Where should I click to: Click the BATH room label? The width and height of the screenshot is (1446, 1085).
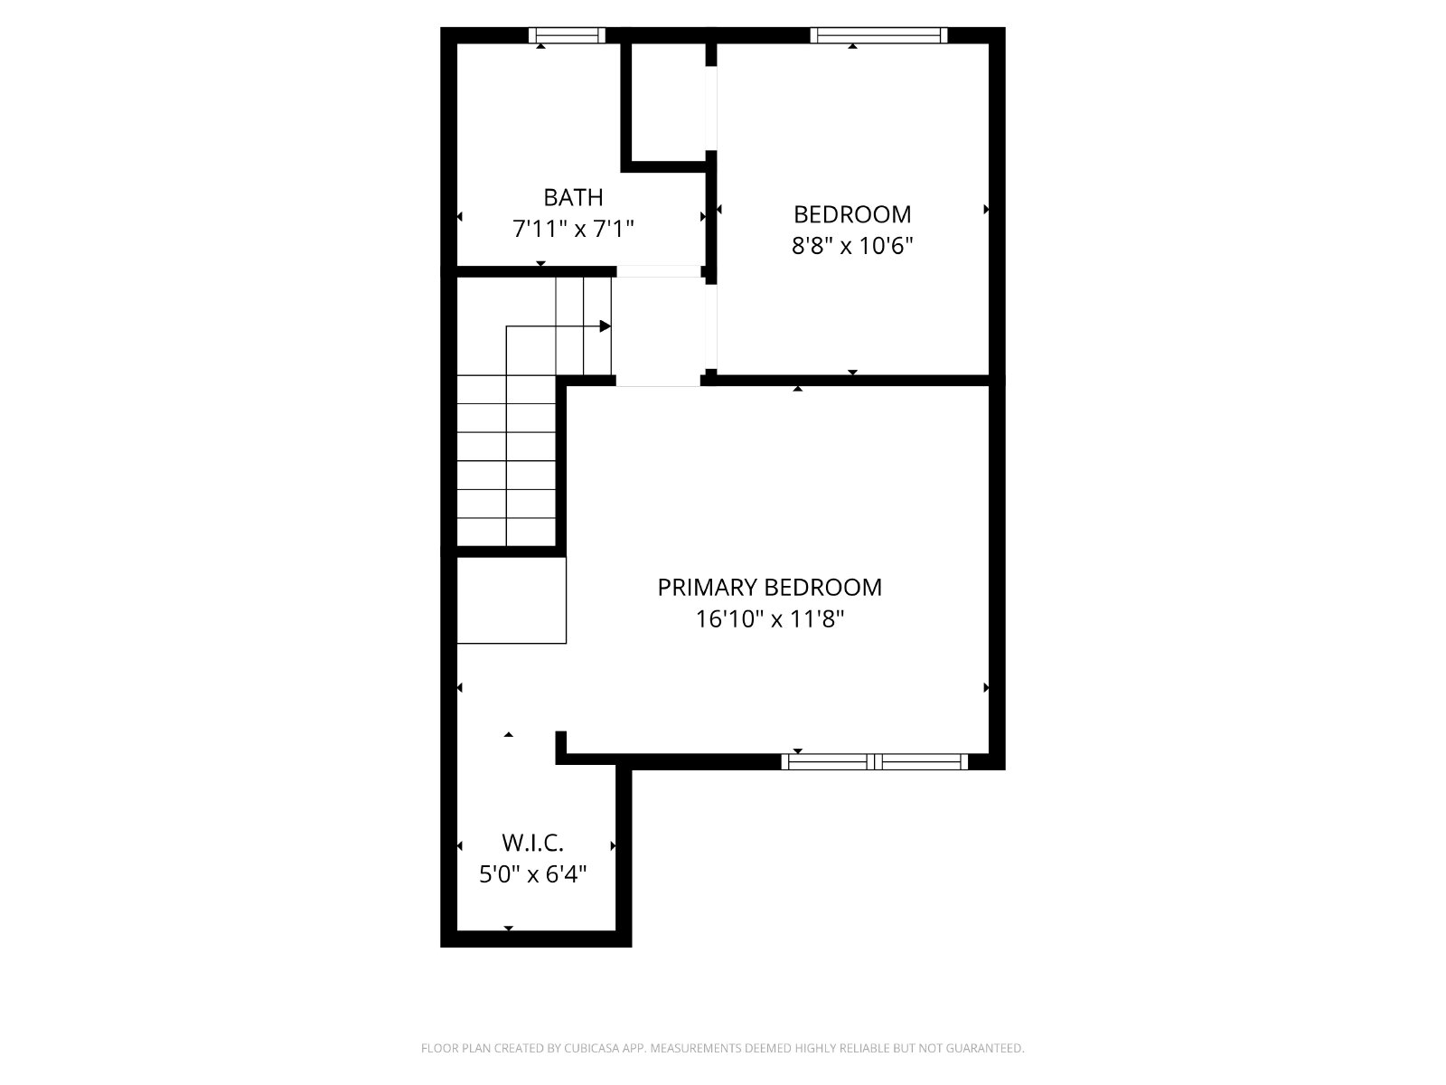point(572,197)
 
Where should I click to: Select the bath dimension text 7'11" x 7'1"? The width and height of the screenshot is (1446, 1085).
point(572,230)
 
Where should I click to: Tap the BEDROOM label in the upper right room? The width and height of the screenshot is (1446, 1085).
point(852,214)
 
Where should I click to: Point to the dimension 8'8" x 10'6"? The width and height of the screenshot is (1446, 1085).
point(852,246)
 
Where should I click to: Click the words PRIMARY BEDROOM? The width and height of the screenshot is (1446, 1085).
point(769,587)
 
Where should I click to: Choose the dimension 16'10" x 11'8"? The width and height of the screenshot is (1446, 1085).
point(769,619)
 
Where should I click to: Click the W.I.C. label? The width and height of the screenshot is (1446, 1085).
point(532,843)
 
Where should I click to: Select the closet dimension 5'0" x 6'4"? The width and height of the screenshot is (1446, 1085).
point(532,875)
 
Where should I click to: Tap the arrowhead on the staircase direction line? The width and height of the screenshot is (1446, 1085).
point(605,326)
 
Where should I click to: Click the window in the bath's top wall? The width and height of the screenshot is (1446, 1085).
point(567,35)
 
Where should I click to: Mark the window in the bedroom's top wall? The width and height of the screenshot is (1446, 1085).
point(878,35)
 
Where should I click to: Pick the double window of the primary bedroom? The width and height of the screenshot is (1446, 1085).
point(874,762)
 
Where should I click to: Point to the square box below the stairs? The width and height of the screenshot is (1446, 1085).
point(512,600)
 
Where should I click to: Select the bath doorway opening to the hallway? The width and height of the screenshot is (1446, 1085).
point(658,271)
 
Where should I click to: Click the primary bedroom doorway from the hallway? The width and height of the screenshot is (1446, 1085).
point(658,381)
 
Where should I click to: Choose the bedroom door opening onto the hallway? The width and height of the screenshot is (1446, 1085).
point(711,326)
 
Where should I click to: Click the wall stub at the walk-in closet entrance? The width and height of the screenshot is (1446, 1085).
point(561,748)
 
